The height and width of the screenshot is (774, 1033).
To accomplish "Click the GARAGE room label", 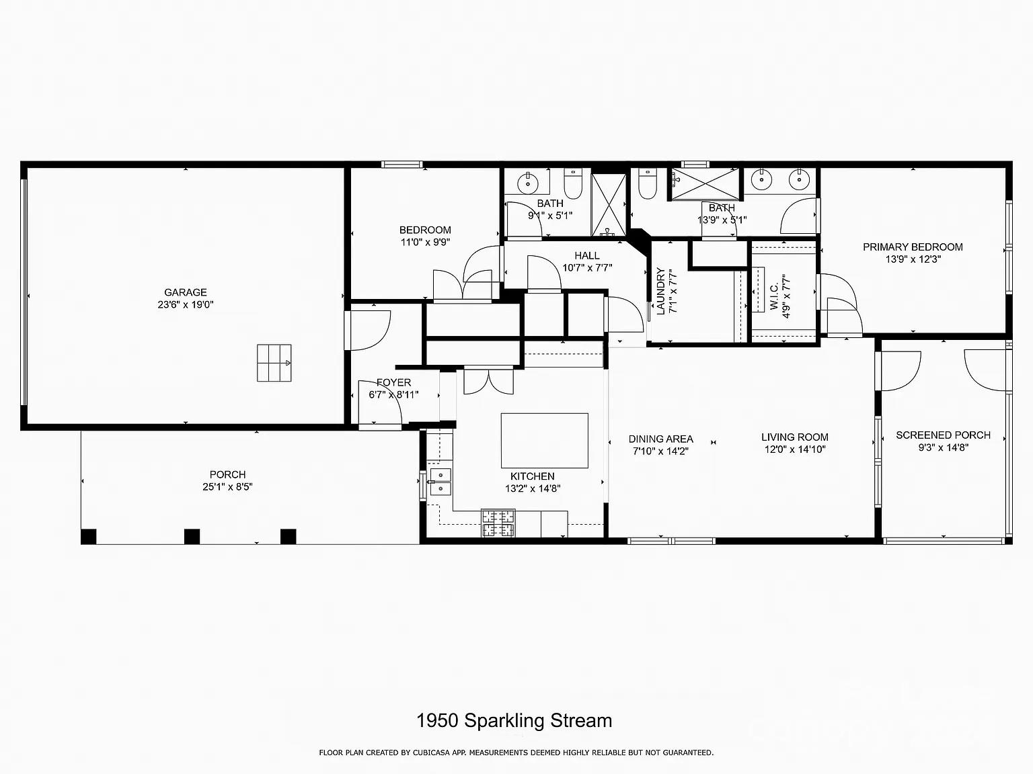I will coord(186,292).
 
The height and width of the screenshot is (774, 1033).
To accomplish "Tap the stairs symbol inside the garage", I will coord(274,363).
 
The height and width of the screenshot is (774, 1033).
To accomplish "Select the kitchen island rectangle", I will coord(544,440).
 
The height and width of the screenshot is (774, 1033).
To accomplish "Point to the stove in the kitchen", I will coord(498,523).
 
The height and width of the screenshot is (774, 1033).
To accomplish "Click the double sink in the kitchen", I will coord(441,482).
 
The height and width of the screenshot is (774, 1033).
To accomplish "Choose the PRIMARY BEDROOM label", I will coord(913,247).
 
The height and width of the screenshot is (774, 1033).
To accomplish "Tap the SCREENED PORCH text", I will coord(943,435).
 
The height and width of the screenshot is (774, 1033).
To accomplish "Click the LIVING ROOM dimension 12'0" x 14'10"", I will coord(794,449).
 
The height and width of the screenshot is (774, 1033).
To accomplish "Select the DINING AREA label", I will coord(660,439).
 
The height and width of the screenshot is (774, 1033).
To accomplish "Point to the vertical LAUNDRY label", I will coord(660,292).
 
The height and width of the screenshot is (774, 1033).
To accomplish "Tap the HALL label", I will coord(586,255).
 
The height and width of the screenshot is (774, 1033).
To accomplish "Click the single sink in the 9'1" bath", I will coord(528,182).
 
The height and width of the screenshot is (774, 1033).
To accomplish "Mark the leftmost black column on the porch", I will coord(88,536).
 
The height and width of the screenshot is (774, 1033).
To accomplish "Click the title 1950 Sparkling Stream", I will coord(514,721).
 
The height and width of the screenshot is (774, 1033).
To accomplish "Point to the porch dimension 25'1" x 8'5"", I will coord(227,487).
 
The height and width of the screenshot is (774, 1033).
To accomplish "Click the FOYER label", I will coord(393,382).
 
